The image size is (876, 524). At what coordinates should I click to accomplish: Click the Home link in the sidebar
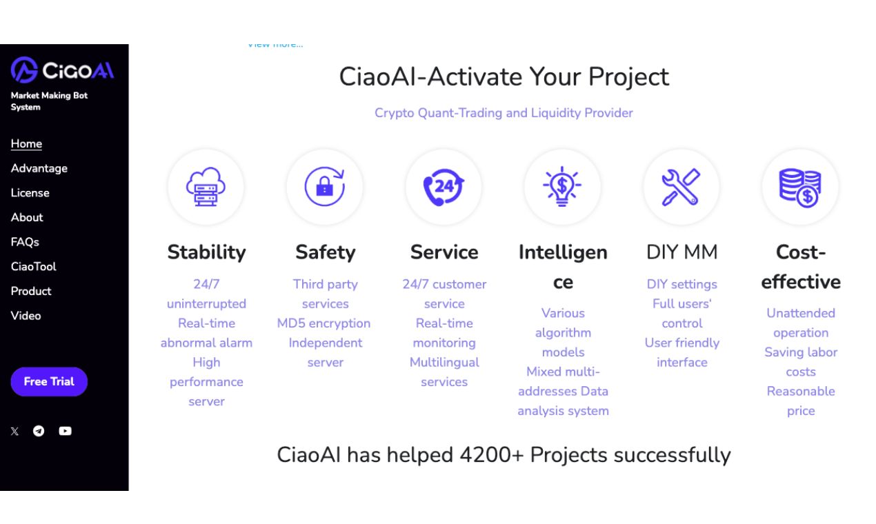pos(26,144)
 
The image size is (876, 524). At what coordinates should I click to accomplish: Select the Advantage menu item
pos(39,168)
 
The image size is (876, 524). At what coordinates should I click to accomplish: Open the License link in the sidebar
pos(30,193)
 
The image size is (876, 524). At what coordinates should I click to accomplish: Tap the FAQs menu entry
pos(25,242)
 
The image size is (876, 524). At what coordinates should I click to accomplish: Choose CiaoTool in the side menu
pos(33,267)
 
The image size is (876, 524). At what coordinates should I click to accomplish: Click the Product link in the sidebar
pos(31,291)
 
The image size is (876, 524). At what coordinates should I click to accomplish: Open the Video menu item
pos(26,316)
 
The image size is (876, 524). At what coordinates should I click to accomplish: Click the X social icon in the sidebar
pos(14,432)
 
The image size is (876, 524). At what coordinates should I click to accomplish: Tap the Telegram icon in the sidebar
pos(39,431)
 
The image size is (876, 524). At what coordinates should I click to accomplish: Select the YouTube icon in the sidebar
pos(65,431)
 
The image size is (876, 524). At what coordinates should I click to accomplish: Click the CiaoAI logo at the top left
pos(62,70)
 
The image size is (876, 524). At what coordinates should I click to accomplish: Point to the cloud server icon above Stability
pos(206,187)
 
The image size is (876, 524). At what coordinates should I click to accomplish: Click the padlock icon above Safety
pos(325,187)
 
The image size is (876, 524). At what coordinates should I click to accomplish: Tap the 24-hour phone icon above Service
pos(444,187)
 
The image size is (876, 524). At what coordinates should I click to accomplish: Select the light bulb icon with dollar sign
pos(562,187)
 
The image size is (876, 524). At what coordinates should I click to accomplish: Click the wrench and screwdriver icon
pos(681,187)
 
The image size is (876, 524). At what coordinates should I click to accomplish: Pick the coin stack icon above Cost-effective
pos(800,187)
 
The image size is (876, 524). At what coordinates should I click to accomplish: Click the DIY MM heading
pos(681,252)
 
